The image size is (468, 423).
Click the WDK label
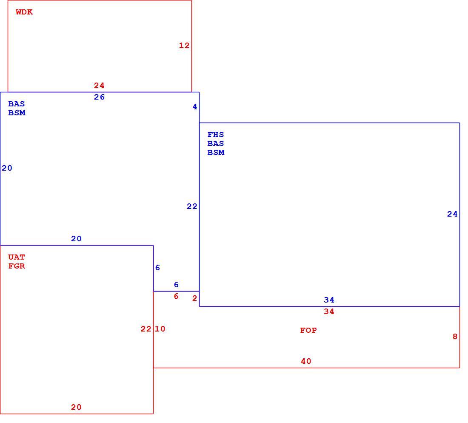(x=24, y=12)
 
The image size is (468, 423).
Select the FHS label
(x=216, y=134)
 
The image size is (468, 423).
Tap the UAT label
(x=17, y=257)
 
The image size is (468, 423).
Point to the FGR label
(x=17, y=266)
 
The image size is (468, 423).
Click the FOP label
(x=308, y=330)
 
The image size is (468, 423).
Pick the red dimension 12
(x=184, y=46)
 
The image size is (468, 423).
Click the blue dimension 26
(x=100, y=97)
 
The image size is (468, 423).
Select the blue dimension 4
(x=195, y=106)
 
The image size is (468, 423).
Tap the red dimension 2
(x=194, y=298)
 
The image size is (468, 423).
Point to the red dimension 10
(x=160, y=329)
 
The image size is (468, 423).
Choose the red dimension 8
(x=455, y=337)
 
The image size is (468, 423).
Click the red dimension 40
(x=306, y=361)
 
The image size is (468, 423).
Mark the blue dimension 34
(x=329, y=300)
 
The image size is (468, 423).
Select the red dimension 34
(x=329, y=312)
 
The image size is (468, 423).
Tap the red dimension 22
(x=146, y=329)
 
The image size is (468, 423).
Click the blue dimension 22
(x=192, y=206)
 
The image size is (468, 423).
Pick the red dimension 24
(x=100, y=86)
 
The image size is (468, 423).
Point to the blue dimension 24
(x=452, y=214)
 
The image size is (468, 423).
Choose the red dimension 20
(x=76, y=407)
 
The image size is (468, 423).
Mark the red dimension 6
(x=176, y=296)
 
